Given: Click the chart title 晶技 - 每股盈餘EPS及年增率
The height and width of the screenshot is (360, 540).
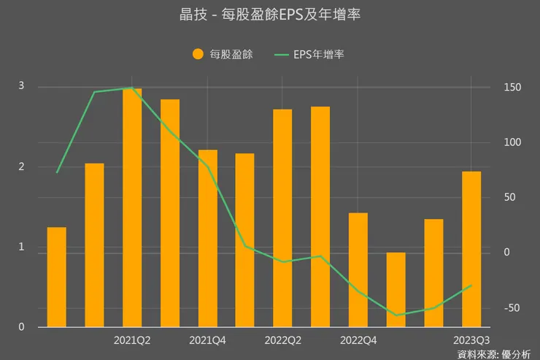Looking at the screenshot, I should click(269, 15).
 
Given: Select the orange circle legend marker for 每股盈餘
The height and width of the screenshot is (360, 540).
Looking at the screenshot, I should click(198, 53).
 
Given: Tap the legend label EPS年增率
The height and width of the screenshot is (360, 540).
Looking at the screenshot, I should click(318, 53).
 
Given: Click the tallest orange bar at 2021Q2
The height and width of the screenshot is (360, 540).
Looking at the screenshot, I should click(132, 207).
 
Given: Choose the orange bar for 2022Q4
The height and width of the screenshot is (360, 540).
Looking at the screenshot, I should click(358, 269).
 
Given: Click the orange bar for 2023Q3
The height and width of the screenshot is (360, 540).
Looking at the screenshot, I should click(471, 249).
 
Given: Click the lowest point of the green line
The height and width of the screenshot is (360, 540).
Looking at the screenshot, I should click(396, 315).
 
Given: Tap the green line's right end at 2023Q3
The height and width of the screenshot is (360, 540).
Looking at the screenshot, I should click(471, 285).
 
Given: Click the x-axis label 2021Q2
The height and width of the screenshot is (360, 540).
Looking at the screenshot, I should click(132, 340).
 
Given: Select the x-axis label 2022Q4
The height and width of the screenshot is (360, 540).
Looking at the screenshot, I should click(358, 340).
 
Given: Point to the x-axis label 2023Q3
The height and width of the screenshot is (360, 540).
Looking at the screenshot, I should click(471, 340).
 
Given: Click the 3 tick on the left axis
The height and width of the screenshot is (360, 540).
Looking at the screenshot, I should click(21, 86).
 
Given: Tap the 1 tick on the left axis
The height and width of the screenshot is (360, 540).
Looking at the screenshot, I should click(21, 247).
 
